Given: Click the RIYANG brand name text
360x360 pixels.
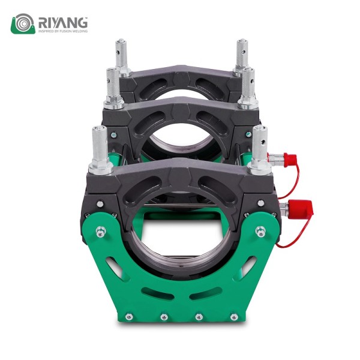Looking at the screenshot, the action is pyautogui.click(x=63, y=23).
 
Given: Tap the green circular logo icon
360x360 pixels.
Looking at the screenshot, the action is pyautogui.click(x=23, y=23).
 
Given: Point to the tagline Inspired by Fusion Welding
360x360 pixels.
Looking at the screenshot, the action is pyautogui.click(x=63, y=31).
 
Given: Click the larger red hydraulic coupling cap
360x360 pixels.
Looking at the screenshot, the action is pyautogui.click(x=301, y=208).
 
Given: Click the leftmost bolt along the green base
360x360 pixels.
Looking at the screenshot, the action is pyautogui.click(x=129, y=317).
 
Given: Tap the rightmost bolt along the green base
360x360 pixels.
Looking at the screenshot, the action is pyautogui.click(x=234, y=317).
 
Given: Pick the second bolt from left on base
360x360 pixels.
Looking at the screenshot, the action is pyautogui.click(x=164, y=317).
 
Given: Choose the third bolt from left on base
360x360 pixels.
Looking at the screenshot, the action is pyautogui.click(x=199, y=317).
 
